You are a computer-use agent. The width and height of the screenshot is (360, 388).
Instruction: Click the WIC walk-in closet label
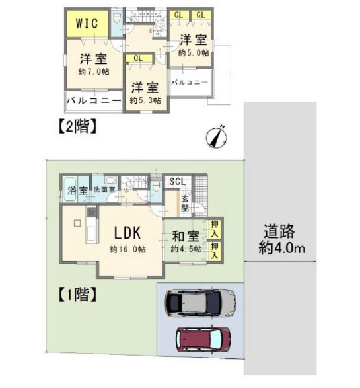coord(87,23)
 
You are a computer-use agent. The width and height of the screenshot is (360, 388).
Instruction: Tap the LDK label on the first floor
coord(127,233)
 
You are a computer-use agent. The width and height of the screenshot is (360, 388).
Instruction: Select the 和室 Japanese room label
coord(186,236)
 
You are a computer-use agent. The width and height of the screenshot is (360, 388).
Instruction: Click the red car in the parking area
coord(203,339)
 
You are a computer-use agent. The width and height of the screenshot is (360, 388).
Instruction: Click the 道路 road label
coord(279,231)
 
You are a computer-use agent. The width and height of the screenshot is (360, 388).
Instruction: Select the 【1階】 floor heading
coord(77,294)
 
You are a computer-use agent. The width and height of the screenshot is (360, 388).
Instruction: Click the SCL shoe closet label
coord(177,182)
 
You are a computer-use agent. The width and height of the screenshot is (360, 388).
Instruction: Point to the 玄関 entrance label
coord(185,204)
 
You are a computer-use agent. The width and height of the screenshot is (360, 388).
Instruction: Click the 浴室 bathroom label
coord(77,190)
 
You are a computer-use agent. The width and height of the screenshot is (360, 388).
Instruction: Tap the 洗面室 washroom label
coord(104,190)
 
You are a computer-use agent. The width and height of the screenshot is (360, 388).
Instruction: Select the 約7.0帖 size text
coord(94,72)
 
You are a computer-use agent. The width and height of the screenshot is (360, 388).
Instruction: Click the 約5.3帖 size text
coord(145,100)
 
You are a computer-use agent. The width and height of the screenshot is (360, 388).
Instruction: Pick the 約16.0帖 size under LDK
coord(127,249)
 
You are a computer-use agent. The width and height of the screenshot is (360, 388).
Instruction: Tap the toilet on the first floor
coord(155,186)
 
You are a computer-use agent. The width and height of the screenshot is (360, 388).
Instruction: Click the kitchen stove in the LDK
coord(90,212)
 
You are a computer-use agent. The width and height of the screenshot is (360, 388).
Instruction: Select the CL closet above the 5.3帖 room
coord(138,58)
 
